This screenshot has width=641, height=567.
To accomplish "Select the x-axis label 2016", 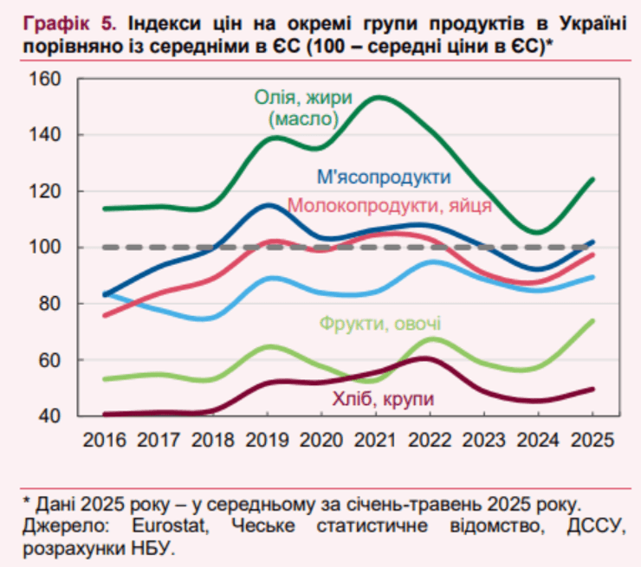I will click(x=105, y=439).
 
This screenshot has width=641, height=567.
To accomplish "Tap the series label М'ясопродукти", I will click(x=383, y=177).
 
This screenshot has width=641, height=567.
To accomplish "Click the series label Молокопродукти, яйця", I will click(x=389, y=205).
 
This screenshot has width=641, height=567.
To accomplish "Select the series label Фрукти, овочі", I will click(x=379, y=325).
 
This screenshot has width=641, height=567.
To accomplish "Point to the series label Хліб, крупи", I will click(x=382, y=398).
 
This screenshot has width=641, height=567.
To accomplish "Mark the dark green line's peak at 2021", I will click(x=381, y=97).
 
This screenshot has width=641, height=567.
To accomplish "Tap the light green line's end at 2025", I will click(x=593, y=320).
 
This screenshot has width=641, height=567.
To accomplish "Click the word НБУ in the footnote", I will click(x=153, y=548).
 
